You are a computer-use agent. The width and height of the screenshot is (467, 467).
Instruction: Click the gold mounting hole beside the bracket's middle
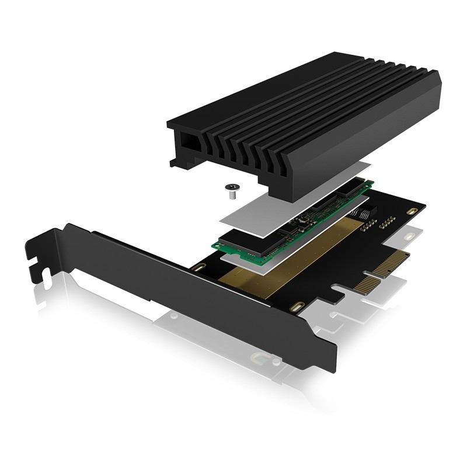click(x=198, y=268)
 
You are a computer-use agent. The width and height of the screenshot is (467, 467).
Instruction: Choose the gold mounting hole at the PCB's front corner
click(x=297, y=306)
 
